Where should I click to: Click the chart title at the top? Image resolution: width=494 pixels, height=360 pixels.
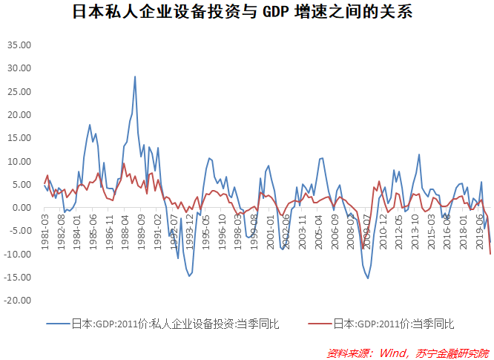(x=246, y=13)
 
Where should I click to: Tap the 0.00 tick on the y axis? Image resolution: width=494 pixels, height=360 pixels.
(x=23, y=208)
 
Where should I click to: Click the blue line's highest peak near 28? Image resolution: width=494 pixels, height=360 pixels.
(x=134, y=76)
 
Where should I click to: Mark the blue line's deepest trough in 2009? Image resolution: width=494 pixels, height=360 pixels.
(x=368, y=278)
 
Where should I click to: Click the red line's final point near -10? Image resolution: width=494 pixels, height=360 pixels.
(x=491, y=255)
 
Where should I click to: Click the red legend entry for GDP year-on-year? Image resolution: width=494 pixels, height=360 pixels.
(x=393, y=324)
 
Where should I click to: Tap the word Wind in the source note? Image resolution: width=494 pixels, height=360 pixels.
(x=393, y=351)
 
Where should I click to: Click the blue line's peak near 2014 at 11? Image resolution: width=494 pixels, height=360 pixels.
(x=419, y=154)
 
